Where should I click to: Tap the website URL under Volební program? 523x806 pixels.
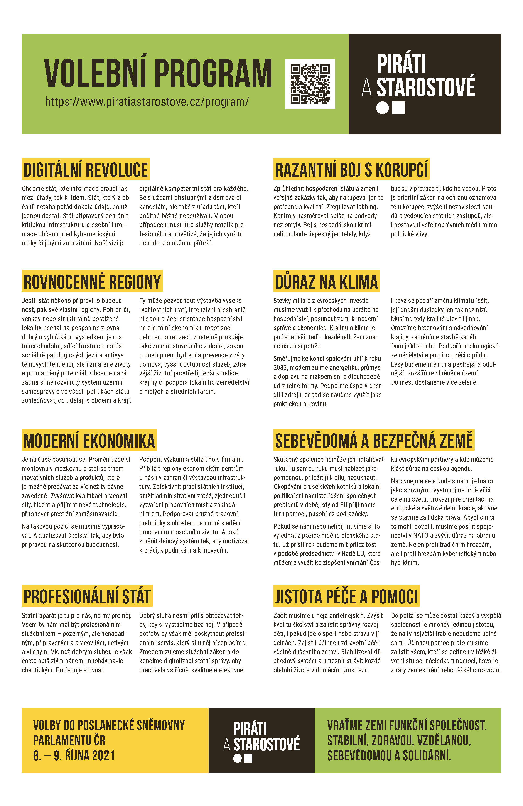[x=147, y=102]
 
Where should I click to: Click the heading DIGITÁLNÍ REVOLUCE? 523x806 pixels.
[x=86, y=169]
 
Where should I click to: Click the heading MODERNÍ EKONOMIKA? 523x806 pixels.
[x=89, y=440]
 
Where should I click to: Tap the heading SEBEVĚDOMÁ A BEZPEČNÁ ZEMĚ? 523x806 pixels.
[x=374, y=440]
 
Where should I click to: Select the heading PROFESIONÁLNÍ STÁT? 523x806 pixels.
[x=87, y=596]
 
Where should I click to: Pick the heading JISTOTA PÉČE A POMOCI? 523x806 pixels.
[x=346, y=596]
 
